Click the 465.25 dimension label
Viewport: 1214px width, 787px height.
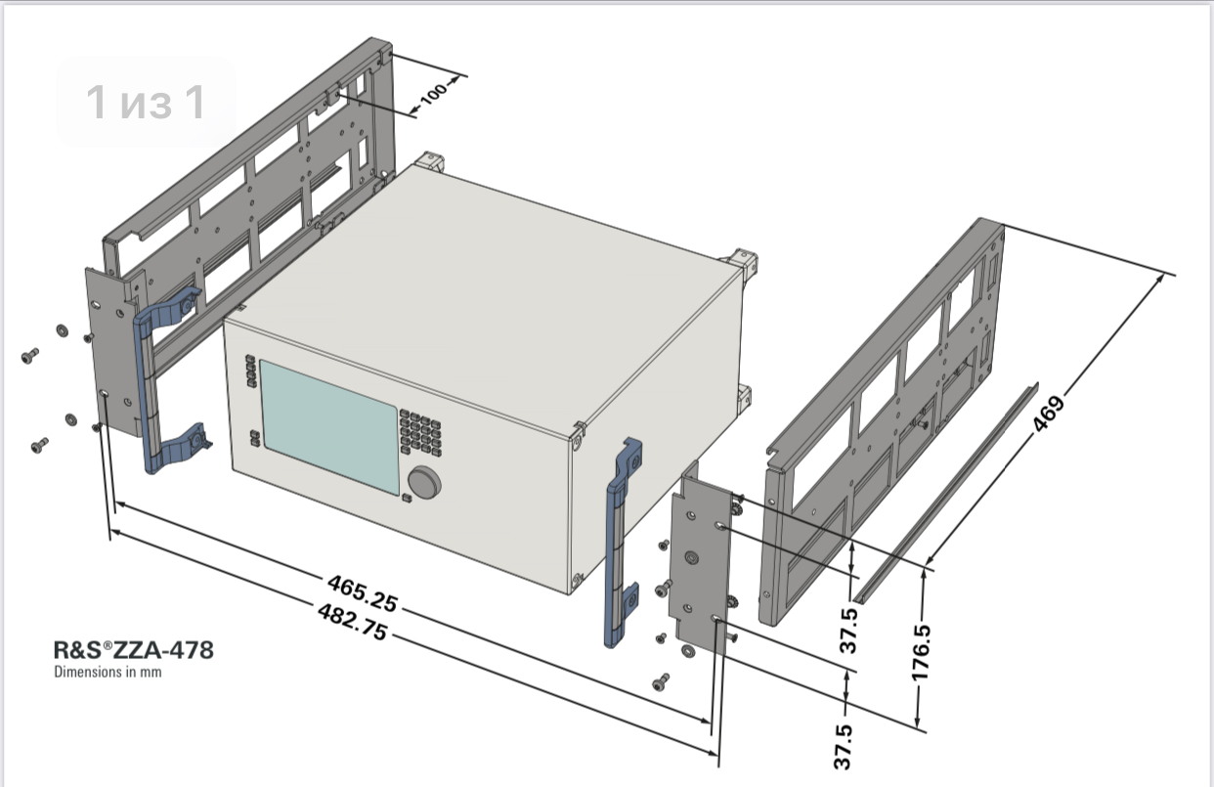tap(363, 593)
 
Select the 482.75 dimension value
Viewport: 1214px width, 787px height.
tap(353, 622)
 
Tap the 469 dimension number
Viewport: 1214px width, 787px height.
tap(1049, 415)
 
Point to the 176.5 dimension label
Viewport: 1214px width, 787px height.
tap(921, 653)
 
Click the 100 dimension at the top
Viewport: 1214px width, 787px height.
tap(434, 94)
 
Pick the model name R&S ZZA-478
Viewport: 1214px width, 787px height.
tap(134, 650)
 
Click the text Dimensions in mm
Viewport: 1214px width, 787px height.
tap(108, 672)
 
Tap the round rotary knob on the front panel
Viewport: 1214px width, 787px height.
tap(424, 482)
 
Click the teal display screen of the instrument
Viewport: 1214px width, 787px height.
tap(329, 426)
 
